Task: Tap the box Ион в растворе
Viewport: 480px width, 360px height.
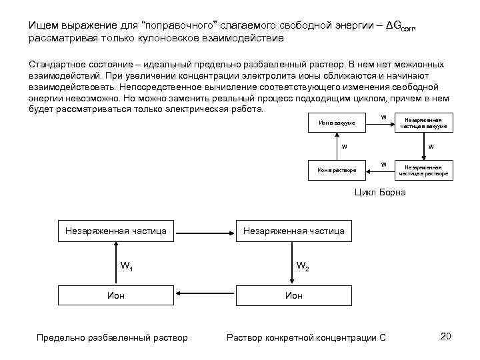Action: (337, 170)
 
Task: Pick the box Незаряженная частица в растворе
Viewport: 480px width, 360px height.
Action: (424, 170)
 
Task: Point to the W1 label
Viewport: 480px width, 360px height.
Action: (127, 267)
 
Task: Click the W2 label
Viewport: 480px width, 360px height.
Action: (302, 267)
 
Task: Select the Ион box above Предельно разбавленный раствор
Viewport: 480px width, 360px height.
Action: (116, 295)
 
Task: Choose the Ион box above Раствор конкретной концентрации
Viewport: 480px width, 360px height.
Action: (293, 295)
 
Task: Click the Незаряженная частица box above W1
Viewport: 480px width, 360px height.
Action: (116, 231)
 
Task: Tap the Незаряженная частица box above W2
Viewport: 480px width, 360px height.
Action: (293, 231)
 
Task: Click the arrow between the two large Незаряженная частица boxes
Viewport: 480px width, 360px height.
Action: (204, 231)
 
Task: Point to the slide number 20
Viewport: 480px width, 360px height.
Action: (446, 336)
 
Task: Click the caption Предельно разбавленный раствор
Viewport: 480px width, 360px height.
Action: (111, 337)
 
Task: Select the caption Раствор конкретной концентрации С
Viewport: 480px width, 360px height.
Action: (307, 337)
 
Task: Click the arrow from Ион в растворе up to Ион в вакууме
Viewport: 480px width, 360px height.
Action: (337, 147)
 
